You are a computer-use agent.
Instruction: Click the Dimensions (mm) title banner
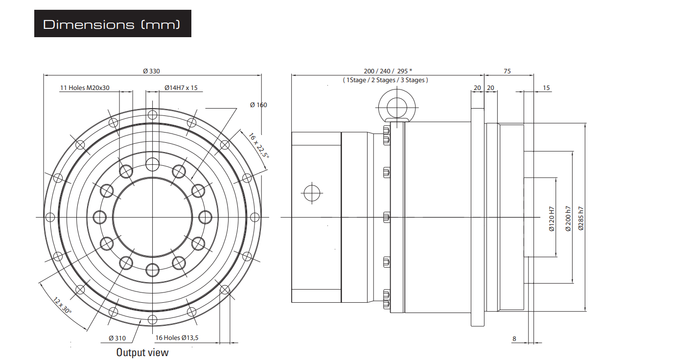coord(113,23)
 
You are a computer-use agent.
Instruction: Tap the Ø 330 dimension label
coord(152,71)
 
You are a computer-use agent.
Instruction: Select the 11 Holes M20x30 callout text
coord(85,88)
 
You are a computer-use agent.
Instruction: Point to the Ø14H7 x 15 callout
coord(181,88)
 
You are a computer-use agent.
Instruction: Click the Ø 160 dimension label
coord(258,105)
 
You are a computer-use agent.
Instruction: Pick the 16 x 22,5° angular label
coord(259,145)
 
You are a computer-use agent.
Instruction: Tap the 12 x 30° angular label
coord(62,305)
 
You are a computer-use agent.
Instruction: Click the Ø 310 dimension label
coord(117,338)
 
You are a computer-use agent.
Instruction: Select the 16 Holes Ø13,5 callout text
coord(177,337)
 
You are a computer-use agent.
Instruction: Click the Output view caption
coord(142,352)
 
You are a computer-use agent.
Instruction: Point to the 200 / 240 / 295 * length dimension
coord(388,71)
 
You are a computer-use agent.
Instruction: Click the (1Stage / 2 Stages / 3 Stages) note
coord(385,80)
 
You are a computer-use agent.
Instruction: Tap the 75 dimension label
coord(507,71)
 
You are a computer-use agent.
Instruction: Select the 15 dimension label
coord(546,88)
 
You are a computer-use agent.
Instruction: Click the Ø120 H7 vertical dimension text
coord(552,219)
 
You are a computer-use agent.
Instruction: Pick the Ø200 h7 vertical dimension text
coord(568,219)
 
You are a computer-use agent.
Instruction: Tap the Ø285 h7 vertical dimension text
coord(581,219)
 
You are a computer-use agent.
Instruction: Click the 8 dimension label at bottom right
coord(514,338)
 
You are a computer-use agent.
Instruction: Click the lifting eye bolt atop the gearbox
coord(397,107)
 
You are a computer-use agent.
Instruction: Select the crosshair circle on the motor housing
coord(312,193)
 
